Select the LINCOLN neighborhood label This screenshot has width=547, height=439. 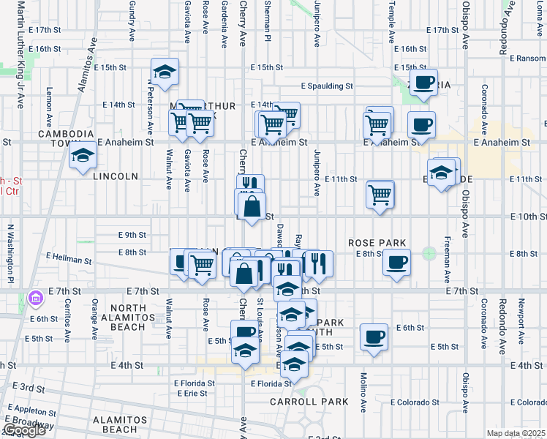[x=116, y=176]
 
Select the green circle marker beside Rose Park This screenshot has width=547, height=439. [x=428, y=254]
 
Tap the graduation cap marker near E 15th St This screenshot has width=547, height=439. [x=165, y=72]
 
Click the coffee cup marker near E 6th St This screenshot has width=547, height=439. [x=374, y=337]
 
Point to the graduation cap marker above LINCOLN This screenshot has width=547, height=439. [x=83, y=157]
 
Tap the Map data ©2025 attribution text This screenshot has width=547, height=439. [x=516, y=433]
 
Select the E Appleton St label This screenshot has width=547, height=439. [x=33, y=410]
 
